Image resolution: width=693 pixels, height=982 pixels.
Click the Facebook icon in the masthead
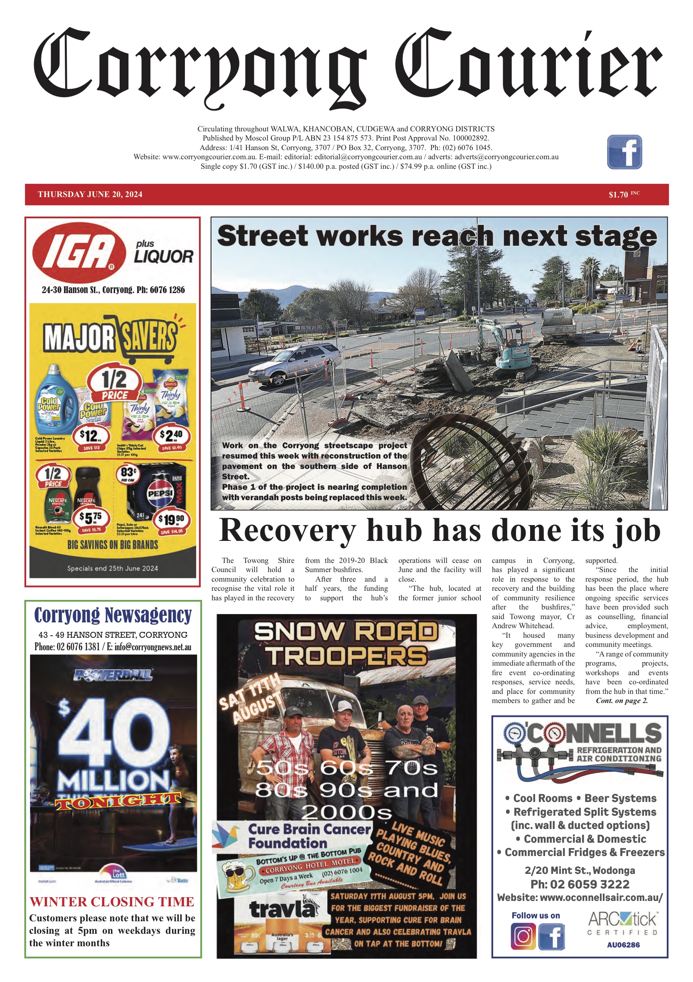(624, 152)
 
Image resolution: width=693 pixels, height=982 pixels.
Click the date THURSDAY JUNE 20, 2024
(90, 194)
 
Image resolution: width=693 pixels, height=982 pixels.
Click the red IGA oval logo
(79, 252)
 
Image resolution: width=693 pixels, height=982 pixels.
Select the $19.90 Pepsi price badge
(171, 521)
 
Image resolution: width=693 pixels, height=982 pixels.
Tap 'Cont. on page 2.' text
(622, 701)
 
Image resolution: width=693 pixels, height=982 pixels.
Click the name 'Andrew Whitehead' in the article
(517, 626)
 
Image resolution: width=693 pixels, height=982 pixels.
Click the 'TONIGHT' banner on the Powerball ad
(118, 800)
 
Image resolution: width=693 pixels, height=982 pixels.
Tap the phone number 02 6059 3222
(580, 884)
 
